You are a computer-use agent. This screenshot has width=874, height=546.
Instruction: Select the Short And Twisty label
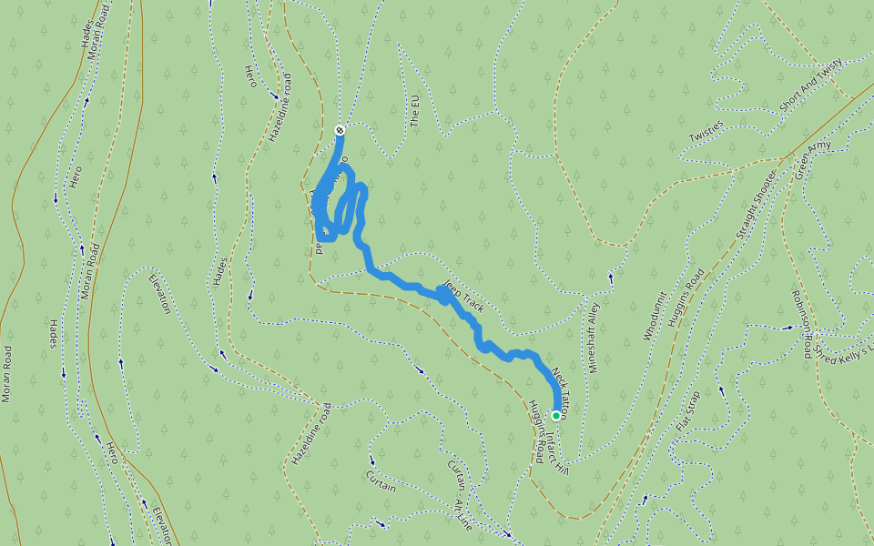pyautogui.click(x=811, y=86)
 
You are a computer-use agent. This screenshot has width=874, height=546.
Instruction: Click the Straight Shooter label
pyautogui.click(x=757, y=205)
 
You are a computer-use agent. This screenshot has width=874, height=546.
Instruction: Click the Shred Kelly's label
pyautogui.click(x=842, y=349)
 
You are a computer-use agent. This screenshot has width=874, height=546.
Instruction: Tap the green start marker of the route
pyautogui.click(x=556, y=416)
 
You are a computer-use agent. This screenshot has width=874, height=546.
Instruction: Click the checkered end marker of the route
pyautogui.click(x=340, y=130)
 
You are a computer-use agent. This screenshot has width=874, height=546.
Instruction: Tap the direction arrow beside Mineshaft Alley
pyautogui.click(x=611, y=276)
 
